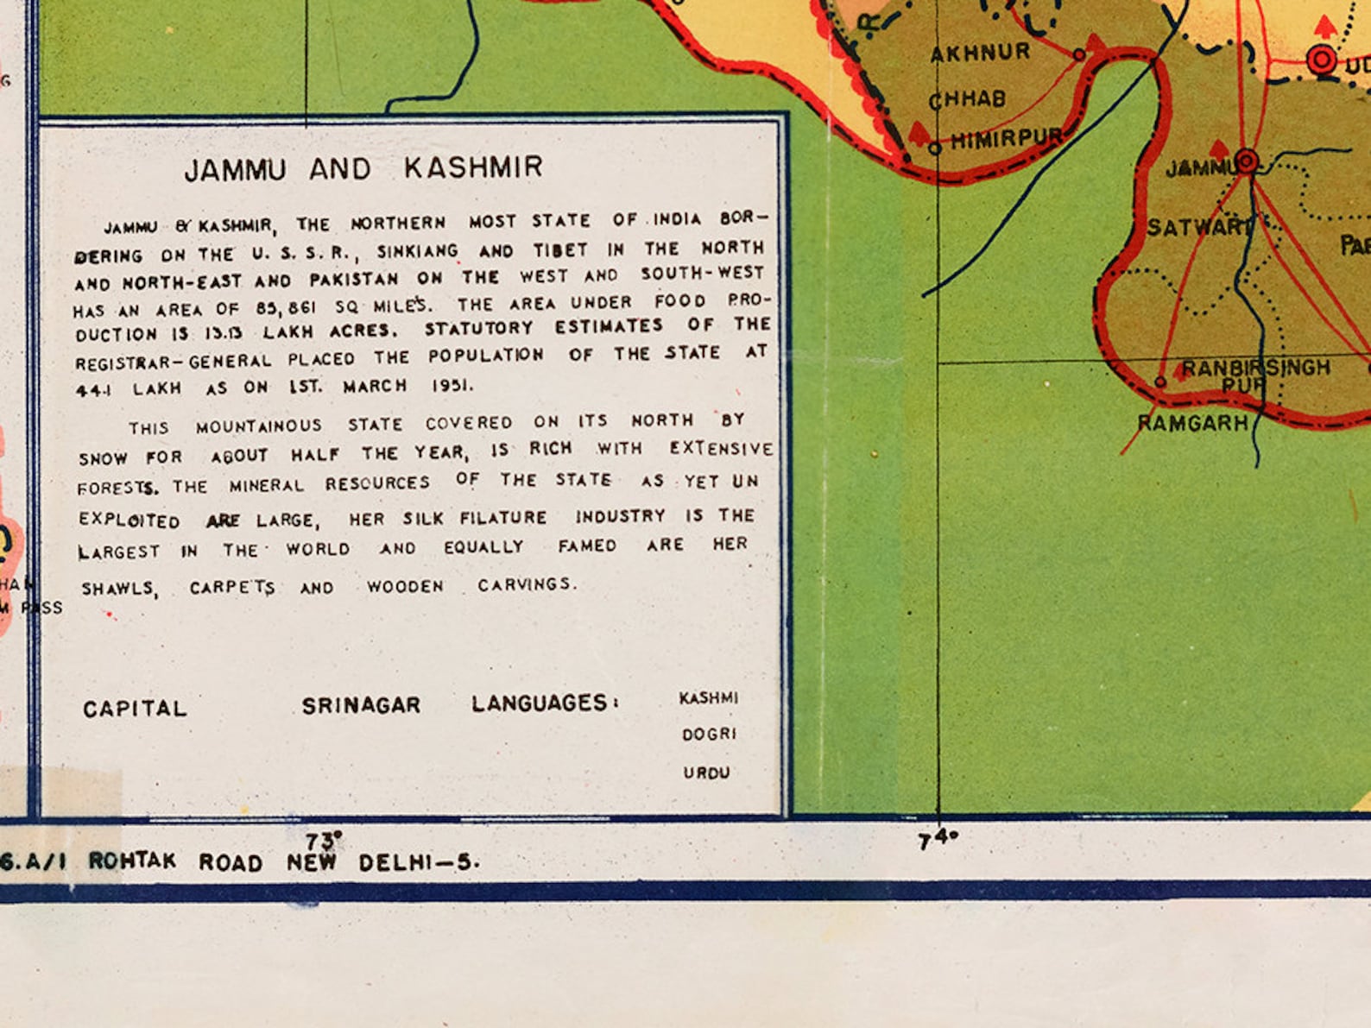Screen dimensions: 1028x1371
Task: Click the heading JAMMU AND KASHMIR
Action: (363, 168)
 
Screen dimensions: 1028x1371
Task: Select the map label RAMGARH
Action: (1192, 423)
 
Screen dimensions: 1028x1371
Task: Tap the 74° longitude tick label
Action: (938, 838)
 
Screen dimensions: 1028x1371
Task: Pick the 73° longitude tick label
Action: (324, 839)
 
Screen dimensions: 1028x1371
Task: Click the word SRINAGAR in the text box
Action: (361, 706)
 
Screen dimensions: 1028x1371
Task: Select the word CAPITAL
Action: (135, 710)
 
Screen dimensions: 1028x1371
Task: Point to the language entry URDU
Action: (706, 773)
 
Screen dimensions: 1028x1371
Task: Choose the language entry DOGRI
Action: (709, 735)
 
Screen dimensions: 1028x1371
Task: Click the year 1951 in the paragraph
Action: (452, 385)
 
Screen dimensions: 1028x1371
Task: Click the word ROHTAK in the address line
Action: (132, 861)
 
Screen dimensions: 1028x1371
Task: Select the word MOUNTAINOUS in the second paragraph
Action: (258, 426)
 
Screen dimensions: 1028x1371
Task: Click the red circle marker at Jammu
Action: (1246, 161)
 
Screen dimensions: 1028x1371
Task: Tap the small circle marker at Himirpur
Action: (934, 148)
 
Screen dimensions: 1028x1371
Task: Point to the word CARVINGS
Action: (525, 585)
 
